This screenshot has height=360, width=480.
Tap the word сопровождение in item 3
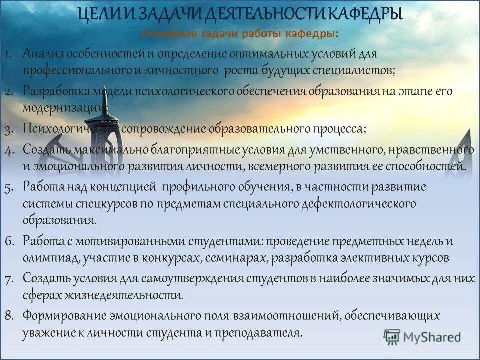point(164,128)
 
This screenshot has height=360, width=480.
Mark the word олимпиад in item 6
point(47,258)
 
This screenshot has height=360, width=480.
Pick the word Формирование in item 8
point(62,315)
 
